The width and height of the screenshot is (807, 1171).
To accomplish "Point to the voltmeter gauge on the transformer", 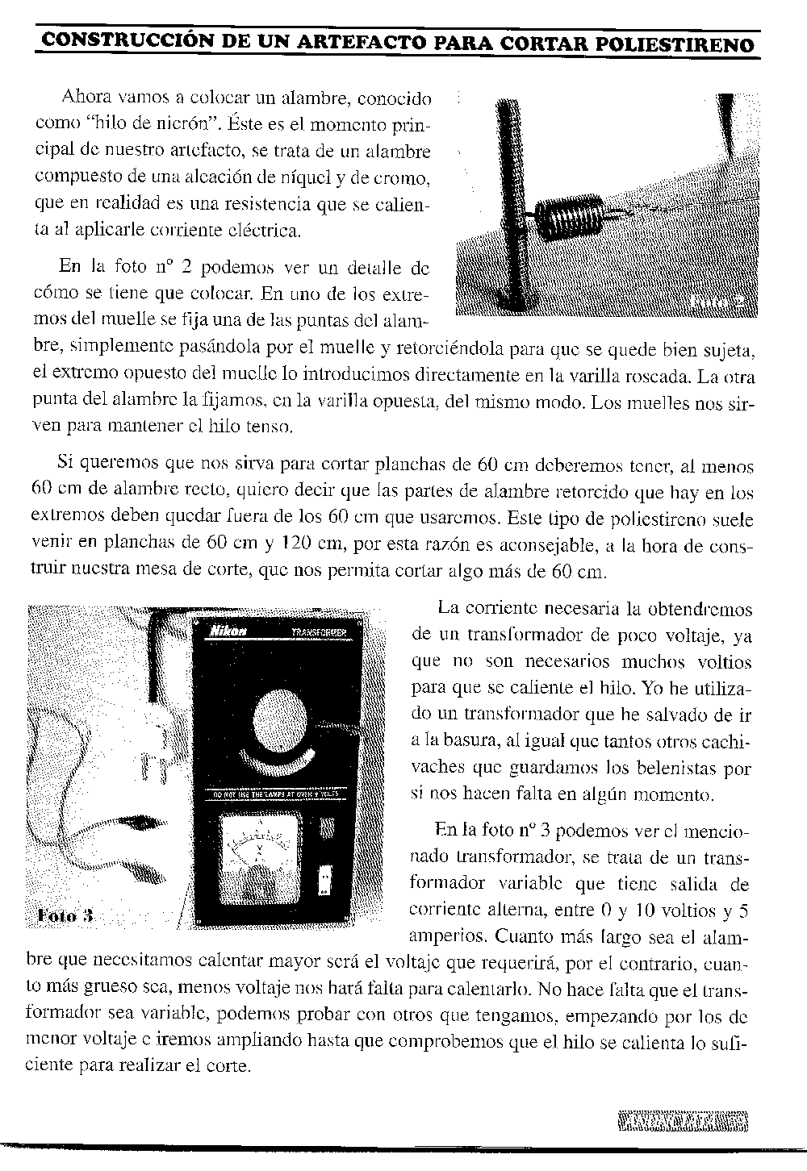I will [261, 852].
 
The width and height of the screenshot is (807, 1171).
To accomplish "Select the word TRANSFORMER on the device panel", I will [318, 632].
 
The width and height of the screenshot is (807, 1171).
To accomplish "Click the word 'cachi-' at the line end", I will [725, 741].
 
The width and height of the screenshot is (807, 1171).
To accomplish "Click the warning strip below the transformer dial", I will [275, 794].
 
